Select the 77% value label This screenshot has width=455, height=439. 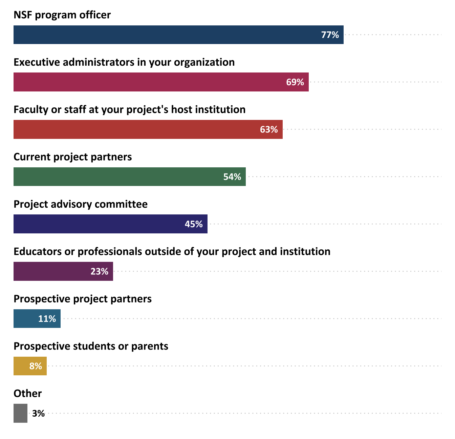(x=330, y=35)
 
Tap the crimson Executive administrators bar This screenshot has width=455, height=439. (x=149, y=82)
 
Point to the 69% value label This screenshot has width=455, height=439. (x=295, y=82)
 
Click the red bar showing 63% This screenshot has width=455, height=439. (x=135, y=129)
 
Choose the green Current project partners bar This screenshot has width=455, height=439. (x=118, y=176)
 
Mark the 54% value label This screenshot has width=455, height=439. (x=232, y=177)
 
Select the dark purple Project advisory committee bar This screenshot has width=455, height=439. (x=98, y=224)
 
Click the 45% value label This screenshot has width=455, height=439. (x=194, y=224)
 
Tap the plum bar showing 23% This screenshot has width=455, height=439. (x=51, y=271)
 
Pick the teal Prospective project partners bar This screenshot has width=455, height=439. (x=25, y=318)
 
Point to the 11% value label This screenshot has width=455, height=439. (x=47, y=319)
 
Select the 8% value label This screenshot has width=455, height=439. (x=36, y=366)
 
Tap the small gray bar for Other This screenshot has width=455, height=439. (x=20, y=413)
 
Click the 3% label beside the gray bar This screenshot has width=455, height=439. (x=39, y=414)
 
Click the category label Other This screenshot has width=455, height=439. (x=28, y=393)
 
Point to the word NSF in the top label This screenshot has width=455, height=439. (x=23, y=15)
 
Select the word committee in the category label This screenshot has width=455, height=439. (x=121, y=204)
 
